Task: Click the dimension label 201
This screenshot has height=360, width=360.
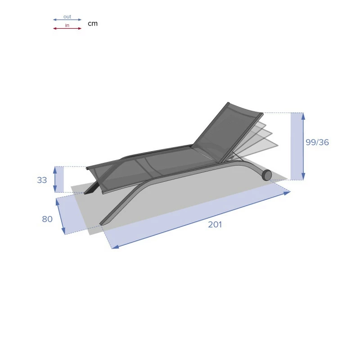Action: point(215,225)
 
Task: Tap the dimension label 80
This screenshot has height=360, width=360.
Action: point(47,219)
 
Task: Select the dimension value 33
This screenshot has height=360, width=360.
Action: point(42,180)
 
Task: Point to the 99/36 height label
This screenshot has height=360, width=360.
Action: point(317,142)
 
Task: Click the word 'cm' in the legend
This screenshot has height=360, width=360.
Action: point(92,23)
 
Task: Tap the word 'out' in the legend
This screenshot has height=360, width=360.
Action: point(67,17)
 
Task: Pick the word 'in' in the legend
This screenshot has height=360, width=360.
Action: point(67,25)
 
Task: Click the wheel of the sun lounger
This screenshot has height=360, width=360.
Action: point(267,175)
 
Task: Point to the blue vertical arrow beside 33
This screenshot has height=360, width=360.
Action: point(55,179)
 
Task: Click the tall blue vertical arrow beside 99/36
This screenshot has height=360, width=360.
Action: point(303,146)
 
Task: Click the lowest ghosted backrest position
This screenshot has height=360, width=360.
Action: point(261,146)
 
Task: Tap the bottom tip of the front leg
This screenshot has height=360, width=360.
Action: point(102,223)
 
